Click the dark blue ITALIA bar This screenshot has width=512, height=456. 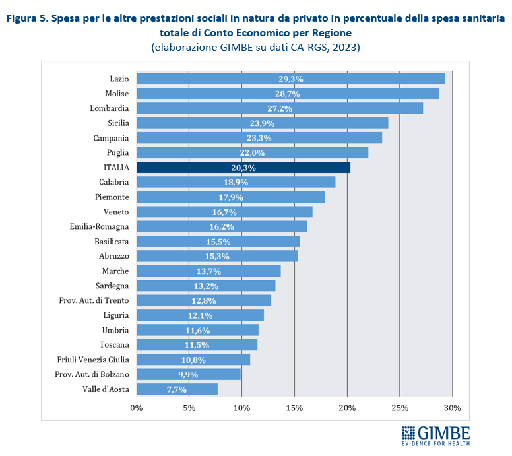pos(243,168)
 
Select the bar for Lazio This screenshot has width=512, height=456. pos(290,79)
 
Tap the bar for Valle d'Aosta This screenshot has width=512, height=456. pos(177,389)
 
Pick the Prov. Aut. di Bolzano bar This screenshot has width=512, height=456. pos(188,374)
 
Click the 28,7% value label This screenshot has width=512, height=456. pos(287,94)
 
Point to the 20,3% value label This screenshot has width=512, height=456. pos(243,168)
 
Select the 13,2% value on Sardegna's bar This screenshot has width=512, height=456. pos(206,286)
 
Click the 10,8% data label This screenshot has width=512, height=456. pos(193,360)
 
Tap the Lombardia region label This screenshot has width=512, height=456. pos(110,108)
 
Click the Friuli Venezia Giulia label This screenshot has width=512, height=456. pos(93,360)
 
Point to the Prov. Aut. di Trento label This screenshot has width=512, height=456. pos(94,300)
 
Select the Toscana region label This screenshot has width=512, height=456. pos(114,344)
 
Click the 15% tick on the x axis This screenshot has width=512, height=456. pos(294,408)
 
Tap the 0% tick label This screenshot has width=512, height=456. pos(137,408)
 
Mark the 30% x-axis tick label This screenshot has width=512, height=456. pos(452,408)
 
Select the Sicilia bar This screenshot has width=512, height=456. pos(262,123)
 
